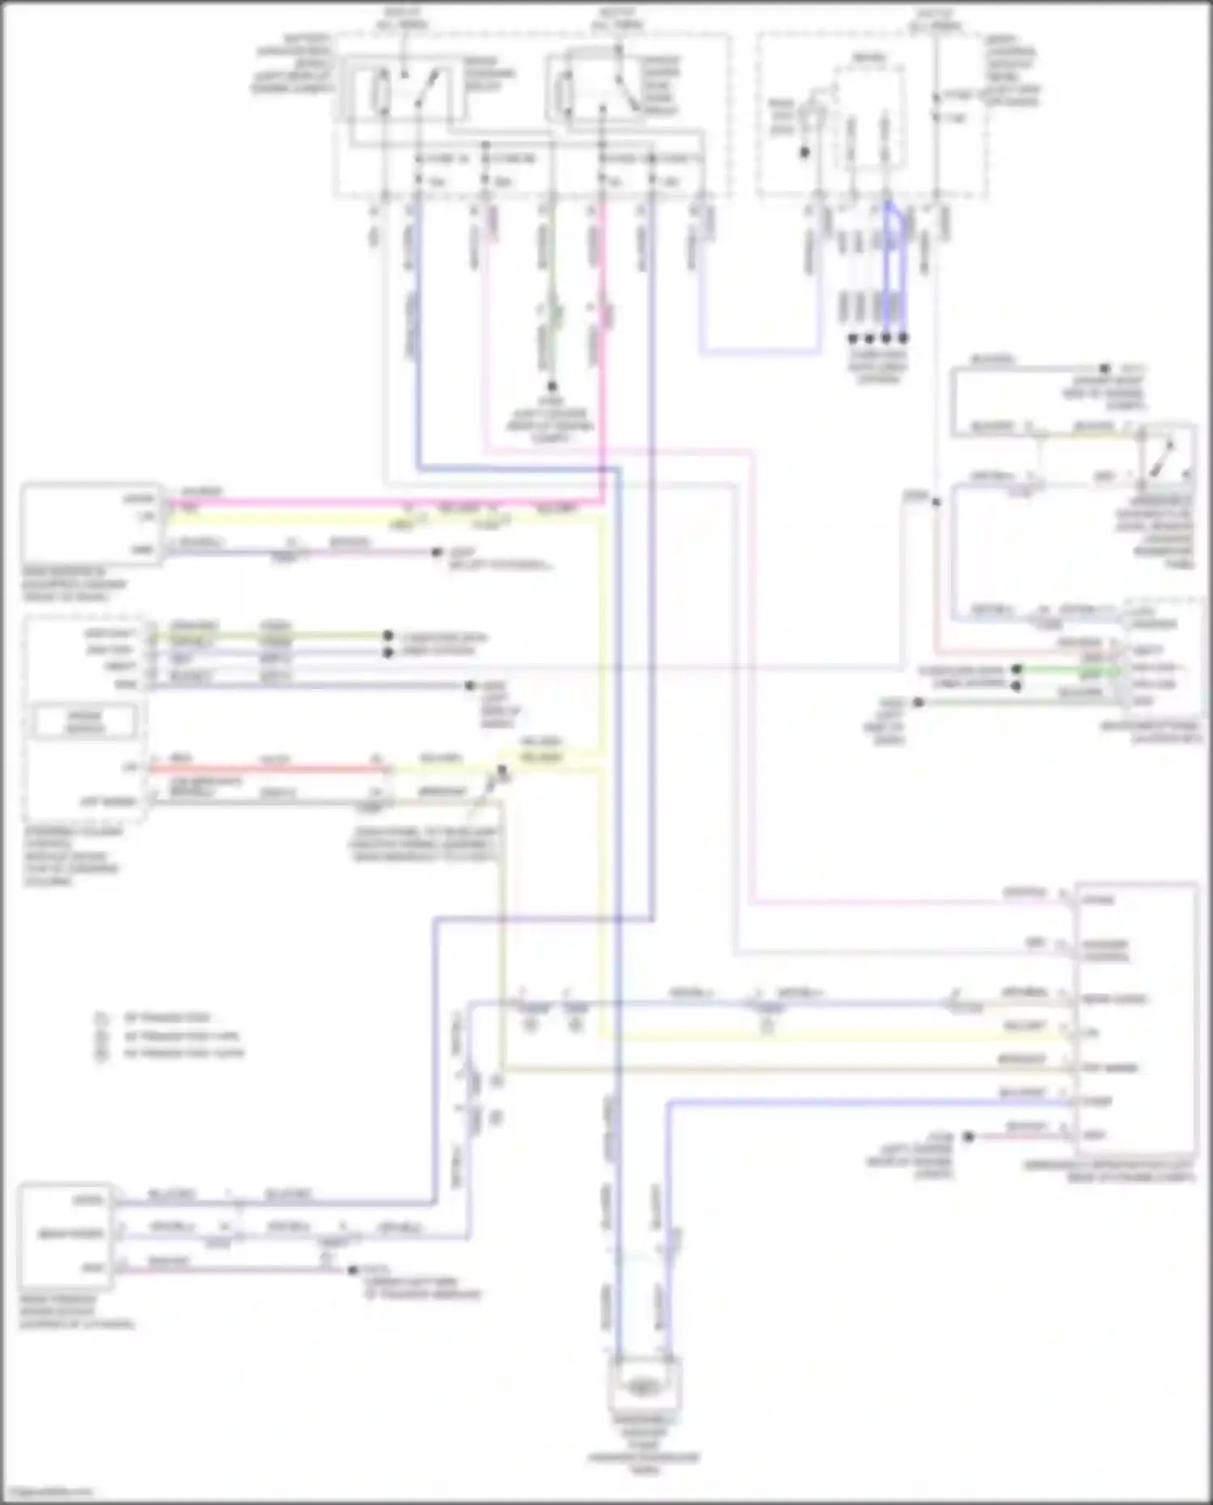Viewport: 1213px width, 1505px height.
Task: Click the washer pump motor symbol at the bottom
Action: [645, 1386]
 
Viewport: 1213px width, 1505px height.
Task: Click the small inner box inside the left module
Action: [84, 721]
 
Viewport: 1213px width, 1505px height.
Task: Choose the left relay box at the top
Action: [404, 91]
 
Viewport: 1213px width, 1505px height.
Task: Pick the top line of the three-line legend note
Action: [166, 1017]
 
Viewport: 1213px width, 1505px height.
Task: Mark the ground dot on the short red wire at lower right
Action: [968, 1136]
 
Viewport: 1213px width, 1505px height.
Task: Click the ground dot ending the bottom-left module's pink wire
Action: [352, 1270]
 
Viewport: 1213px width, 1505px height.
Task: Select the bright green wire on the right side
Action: [1067, 670]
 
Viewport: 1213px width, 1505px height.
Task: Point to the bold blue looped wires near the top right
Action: [894, 267]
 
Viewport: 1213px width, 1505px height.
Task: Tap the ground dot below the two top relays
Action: [553, 387]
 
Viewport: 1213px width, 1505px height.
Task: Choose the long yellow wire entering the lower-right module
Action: [833, 1038]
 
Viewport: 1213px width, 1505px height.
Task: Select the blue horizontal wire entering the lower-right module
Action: [865, 1102]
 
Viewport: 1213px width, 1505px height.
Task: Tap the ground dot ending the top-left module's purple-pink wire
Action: [437, 553]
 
